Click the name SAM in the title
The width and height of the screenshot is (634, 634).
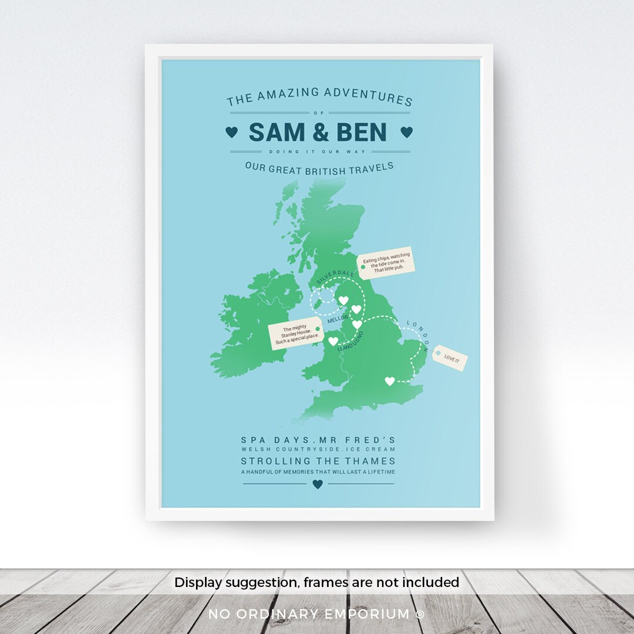276,133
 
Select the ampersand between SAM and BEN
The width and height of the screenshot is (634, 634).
320,133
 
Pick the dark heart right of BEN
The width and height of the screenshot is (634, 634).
406,132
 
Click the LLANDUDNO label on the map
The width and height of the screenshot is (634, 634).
350,341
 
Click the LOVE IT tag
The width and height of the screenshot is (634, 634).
450,358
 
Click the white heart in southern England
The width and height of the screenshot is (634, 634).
389,381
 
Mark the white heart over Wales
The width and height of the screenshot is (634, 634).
333,341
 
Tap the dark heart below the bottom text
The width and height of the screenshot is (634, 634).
318,484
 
